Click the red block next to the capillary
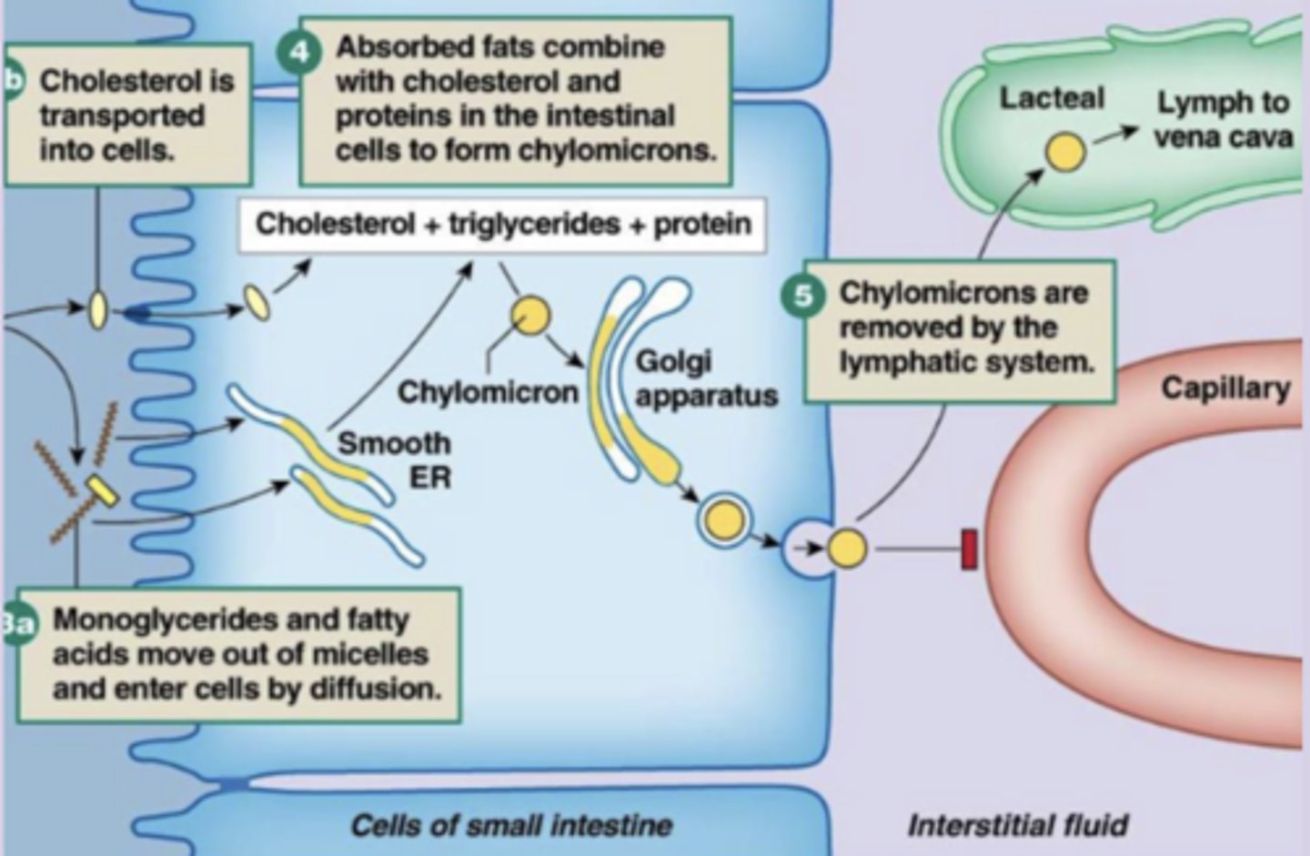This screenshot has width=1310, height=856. click(970, 549)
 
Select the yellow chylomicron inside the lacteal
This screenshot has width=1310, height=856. click(1063, 152)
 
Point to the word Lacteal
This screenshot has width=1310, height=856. click(1052, 98)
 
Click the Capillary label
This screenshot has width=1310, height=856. click(1225, 388)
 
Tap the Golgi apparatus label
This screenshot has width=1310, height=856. click(705, 378)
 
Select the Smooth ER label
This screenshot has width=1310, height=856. click(394, 459)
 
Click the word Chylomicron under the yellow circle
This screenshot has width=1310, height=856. click(489, 392)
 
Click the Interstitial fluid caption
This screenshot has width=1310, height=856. click(1017, 825)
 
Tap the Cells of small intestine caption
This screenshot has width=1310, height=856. click(510, 825)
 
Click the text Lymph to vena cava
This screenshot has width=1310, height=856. click(1223, 119)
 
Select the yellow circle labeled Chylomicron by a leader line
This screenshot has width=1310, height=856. click(529, 317)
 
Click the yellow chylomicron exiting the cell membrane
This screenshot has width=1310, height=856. click(847, 548)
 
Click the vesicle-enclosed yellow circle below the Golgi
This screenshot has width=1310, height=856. click(725, 520)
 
